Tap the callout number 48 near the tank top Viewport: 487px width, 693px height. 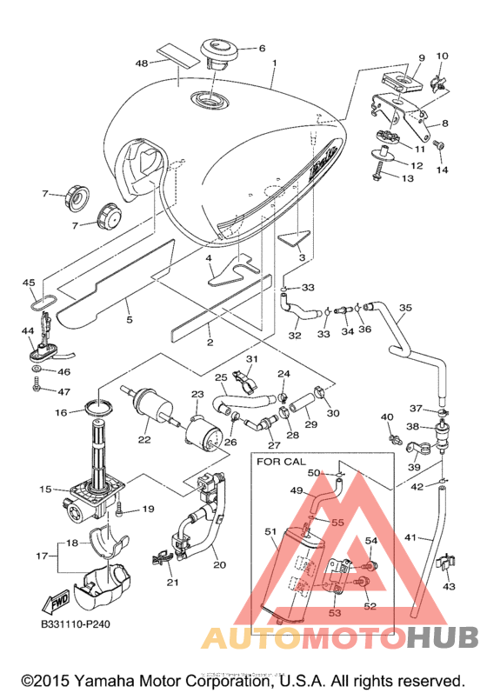142,63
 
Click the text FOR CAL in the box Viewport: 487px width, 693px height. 281,462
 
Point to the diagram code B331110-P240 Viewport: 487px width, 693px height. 75,624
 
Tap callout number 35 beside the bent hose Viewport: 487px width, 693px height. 405,307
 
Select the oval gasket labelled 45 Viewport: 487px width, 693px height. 43,303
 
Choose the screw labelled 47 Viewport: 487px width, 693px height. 37,384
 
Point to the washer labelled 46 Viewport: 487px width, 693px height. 37,368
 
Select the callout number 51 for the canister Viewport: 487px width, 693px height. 270,531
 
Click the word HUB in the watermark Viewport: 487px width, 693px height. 442,636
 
